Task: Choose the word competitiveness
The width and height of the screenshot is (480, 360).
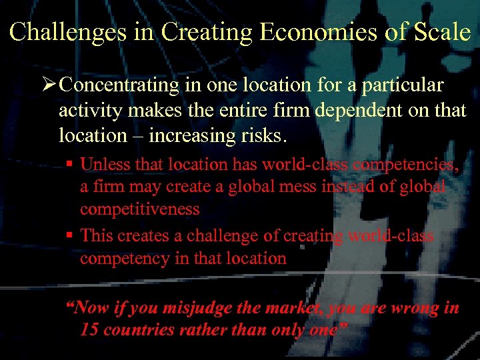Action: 139,209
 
